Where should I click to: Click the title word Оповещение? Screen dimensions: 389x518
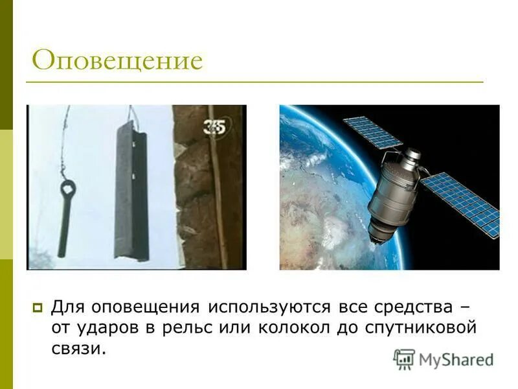(117, 61)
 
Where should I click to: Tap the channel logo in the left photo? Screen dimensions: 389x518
(214, 126)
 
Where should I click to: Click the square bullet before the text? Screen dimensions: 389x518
(38, 306)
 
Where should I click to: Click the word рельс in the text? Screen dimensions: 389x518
(194, 327)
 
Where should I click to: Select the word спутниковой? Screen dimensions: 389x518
(424, 327)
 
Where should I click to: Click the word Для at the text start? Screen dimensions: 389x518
(65, 305)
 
